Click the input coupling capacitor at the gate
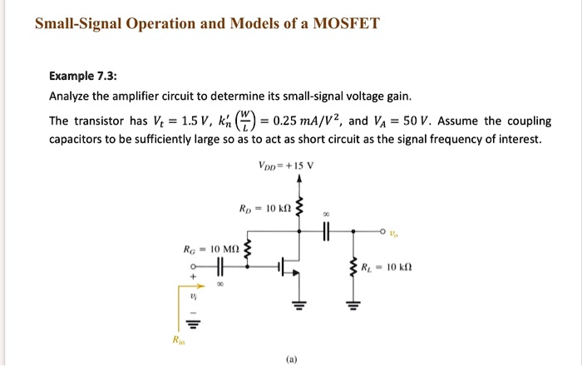click(219, 267)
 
